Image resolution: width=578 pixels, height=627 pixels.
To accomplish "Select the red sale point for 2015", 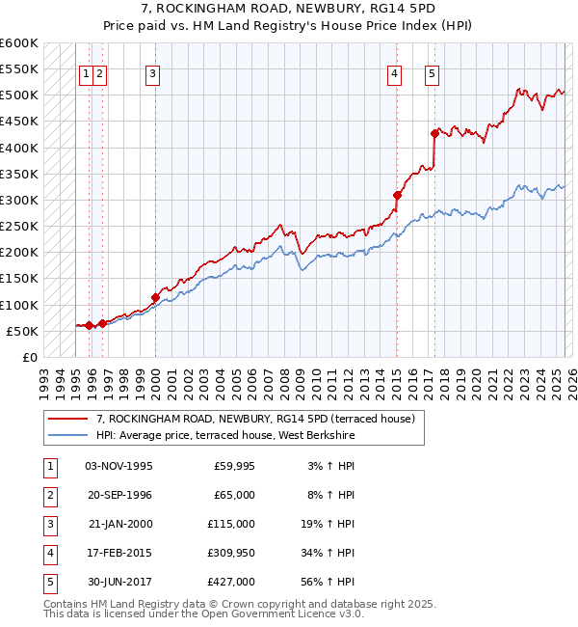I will click(x=396, y=195).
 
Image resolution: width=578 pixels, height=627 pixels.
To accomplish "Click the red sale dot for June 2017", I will click(x=434, y=133).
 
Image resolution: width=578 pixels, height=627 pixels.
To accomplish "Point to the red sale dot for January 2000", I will click(x=155, y=297).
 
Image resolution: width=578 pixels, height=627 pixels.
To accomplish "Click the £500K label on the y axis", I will click(x=19, y=95).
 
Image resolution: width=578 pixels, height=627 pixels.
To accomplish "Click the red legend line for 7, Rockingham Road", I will click(x=68, y=419).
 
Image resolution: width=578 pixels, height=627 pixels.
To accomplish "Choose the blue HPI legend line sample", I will click(x=68, y=436).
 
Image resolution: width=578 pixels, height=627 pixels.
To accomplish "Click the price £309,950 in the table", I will click(x=230, y=553).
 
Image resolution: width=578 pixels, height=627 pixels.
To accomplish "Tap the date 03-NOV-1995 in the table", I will click(x=119, y=466).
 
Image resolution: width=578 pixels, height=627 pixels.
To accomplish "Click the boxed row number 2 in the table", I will click(x=48, y=495).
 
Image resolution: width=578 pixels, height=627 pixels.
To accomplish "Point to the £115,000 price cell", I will click(x=230, y=524).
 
